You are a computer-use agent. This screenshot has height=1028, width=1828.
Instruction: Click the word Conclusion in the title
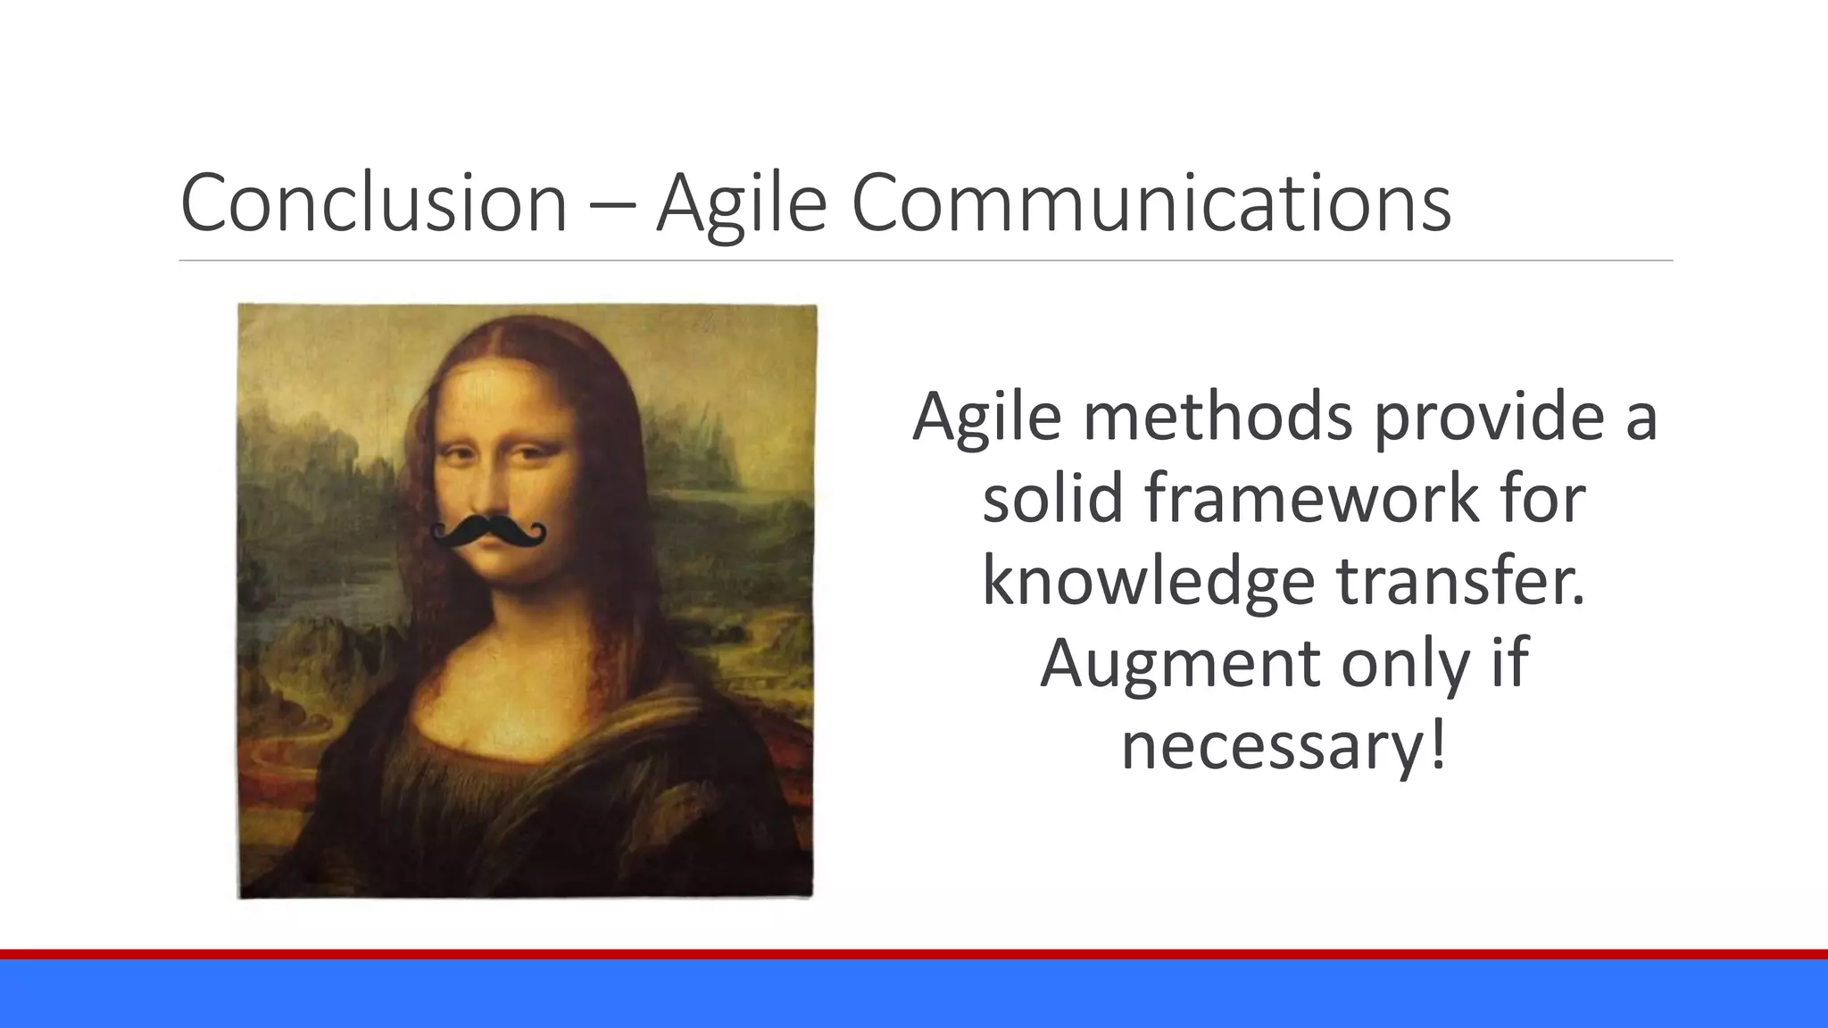(373, 203)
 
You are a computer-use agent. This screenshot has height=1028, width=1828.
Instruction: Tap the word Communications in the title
(1151, 203)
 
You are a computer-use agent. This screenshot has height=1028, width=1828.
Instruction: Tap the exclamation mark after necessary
(1435, 746)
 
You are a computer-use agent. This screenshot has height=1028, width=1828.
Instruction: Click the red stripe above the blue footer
(914, 954)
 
